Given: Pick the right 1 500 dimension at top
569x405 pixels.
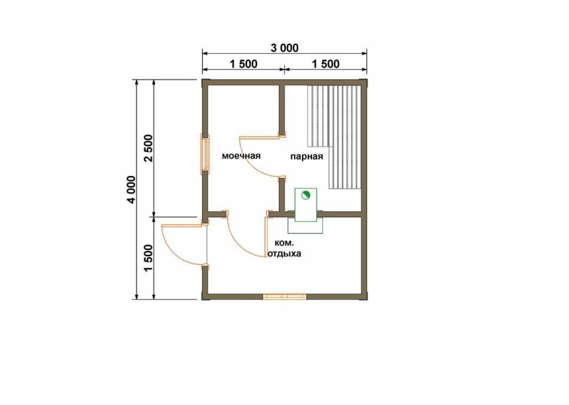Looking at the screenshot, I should [x=325, y=64].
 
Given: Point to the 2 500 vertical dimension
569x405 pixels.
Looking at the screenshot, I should [x=148, y=148].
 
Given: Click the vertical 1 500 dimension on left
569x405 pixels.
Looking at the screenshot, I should [x=148, y=257].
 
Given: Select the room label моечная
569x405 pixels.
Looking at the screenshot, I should [x=241, y=156].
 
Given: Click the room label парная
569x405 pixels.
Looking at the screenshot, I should [x=306, y=156].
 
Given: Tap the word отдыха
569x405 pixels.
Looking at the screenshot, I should [x=284, y=254].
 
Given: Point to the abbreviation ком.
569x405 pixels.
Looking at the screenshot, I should [x=283, y=243].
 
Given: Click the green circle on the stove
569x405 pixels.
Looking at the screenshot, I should [x=305, y=195].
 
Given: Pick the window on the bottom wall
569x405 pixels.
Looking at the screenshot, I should [x=284, y=296].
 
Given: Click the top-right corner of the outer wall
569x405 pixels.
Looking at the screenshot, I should [x=363, y=83].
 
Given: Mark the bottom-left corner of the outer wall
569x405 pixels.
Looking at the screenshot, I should [x=204, y=296].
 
